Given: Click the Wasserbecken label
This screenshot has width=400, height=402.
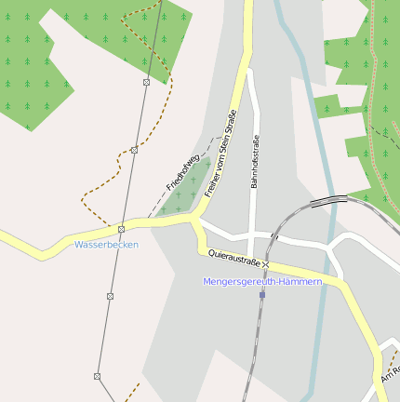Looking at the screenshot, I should (x=106, y=244).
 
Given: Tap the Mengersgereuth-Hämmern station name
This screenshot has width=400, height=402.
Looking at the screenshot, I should (x=262, y=281).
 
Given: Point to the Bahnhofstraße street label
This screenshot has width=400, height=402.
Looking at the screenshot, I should (x=255, y=162).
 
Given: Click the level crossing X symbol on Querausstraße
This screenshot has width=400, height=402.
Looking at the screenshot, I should (x=265, y=264).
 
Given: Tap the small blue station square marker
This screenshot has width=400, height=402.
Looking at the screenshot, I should (x=262, y=294).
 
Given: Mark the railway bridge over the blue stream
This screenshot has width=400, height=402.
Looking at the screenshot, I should (x=327, y=199).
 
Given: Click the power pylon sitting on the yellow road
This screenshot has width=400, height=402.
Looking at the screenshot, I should (x=121, y=228).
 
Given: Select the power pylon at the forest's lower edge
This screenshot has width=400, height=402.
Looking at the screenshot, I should (x=146, y=82).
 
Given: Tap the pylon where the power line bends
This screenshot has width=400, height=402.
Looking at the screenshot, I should (x=97, y=376).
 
